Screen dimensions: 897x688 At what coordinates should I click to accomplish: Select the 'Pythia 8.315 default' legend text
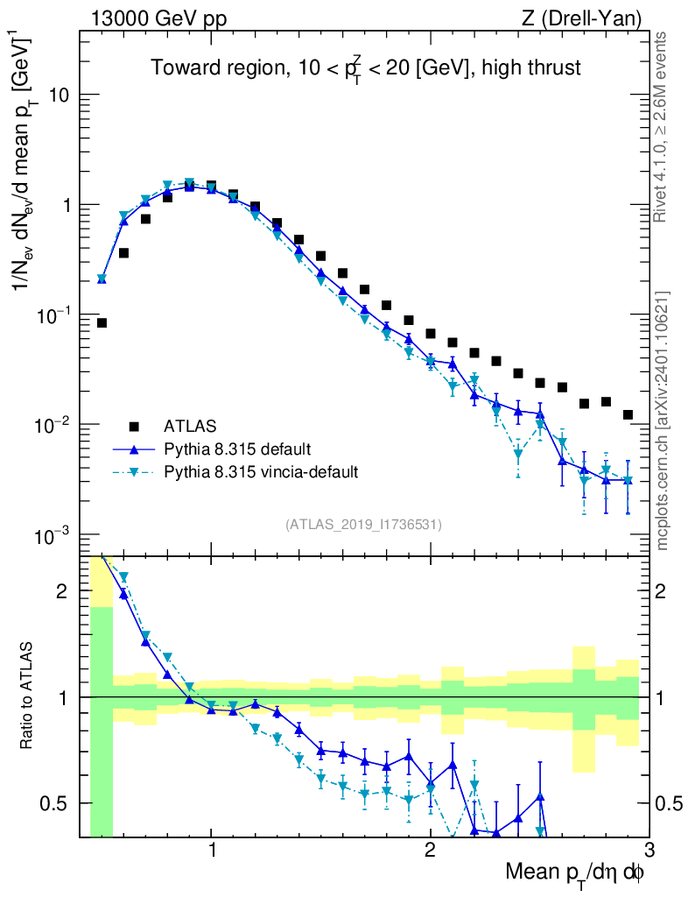pos(236,449)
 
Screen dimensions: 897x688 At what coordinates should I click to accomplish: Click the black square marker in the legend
pos(134,427)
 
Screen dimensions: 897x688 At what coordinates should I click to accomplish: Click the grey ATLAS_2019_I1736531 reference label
pos(363,525)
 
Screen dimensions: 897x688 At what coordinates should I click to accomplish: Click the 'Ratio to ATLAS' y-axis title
pos(29,697)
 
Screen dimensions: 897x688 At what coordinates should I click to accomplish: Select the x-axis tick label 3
pos(648,851)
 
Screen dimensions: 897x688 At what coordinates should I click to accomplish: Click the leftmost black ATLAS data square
pos(102,323)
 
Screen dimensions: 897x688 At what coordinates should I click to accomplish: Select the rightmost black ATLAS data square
pos(628,414)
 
